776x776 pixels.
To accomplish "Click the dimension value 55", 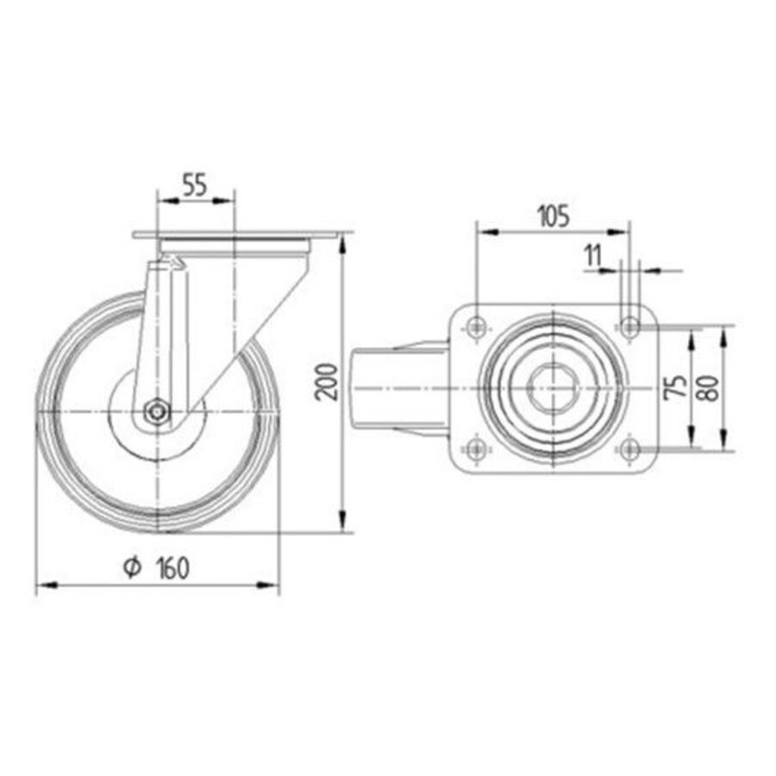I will (195, 185).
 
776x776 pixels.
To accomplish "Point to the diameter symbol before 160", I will (132, 567).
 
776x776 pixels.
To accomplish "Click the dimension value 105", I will (552, 216).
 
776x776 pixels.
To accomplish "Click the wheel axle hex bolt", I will (156, 412).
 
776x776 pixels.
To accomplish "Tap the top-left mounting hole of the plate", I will (475, 327).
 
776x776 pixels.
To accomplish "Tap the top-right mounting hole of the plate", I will (630, 327).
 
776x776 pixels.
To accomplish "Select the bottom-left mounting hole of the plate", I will (475, 447).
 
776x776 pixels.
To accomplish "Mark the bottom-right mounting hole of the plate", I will (630, 447).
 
